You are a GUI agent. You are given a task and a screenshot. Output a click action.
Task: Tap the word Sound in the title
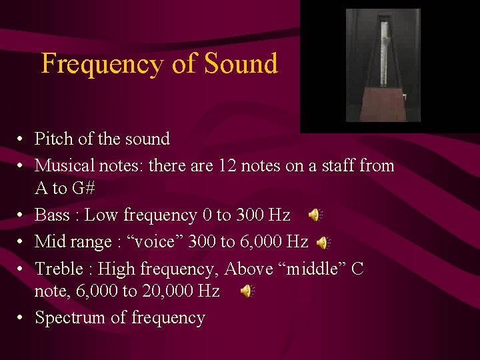pyautogui.click(x=241, y=64)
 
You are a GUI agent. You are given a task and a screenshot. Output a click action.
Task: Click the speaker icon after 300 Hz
pyautogui.click(x=314, y=215)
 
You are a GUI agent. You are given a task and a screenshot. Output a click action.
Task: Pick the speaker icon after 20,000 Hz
pyautogui.click(x=246, y=291)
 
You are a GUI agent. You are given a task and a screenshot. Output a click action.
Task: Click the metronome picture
pyautogui.click(x=383, y=65)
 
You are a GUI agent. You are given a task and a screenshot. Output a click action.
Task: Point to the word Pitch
pyautogui.click(x=54, y=139)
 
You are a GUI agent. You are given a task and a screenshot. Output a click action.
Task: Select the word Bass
pyautogui.click(x=51, y=215)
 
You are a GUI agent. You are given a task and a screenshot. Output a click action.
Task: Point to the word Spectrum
pyautogui.click(x=71, y=318)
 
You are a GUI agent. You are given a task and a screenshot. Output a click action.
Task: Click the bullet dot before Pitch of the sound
pyautogui.click(x=22, y=139)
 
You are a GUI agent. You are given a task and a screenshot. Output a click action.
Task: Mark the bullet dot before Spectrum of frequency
pyautogui.click(x=22, y=318)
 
